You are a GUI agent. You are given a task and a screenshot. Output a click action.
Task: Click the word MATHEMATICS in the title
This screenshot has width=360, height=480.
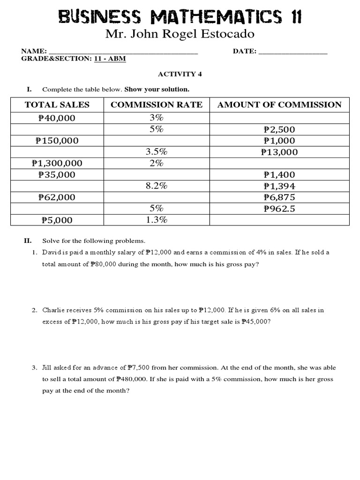217,18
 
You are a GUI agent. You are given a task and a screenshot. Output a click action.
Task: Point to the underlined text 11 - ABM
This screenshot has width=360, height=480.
110,59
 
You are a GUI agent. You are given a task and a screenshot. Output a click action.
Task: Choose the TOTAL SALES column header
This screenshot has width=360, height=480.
57,105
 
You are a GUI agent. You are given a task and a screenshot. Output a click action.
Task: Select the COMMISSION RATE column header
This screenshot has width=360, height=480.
157,105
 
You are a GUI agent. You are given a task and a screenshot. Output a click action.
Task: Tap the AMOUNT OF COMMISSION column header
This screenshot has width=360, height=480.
279,105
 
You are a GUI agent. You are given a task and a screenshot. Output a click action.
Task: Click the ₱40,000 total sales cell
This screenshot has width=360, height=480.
57,118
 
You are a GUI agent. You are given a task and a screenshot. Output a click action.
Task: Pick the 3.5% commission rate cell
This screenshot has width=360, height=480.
157,152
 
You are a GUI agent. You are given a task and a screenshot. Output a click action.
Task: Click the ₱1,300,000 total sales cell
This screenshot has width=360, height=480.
57,163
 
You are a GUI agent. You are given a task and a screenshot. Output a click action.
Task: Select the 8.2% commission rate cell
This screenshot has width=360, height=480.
157,186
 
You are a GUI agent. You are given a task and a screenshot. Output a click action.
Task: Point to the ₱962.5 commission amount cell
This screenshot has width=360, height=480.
279,209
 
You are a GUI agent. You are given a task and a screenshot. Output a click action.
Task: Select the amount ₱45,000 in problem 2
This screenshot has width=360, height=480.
255,322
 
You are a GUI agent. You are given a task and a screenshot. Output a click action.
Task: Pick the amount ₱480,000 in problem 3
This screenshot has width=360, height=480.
132,379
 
